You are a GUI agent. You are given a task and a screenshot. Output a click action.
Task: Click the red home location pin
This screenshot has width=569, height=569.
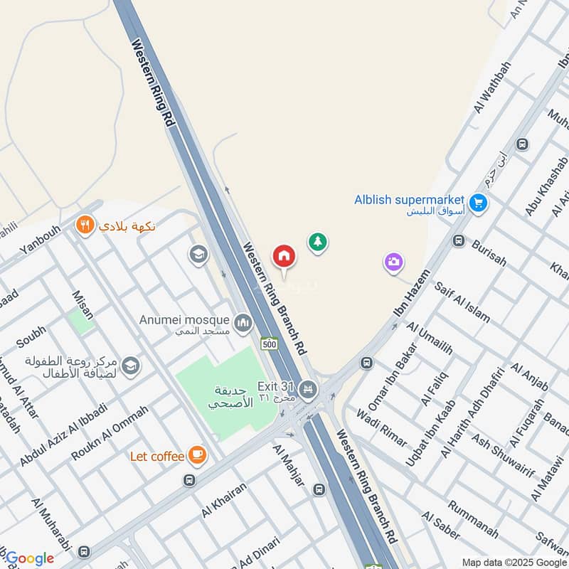coord(283,255)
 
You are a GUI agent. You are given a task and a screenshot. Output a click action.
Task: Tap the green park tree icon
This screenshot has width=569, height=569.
coord(318,242)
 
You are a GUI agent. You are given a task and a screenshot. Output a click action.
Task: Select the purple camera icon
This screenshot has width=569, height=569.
coord(393,262)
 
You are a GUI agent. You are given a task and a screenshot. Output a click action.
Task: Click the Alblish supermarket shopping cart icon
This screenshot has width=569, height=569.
coord(478,202)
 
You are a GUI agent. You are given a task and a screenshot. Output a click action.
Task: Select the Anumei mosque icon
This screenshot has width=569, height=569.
coord(243,324)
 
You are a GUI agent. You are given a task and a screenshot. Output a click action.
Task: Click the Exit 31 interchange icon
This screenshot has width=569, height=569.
coord(307,388)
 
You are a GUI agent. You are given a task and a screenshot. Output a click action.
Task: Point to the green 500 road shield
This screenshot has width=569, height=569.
coord(269,344)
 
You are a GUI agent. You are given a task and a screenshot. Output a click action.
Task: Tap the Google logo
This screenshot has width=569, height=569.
coord(29,558)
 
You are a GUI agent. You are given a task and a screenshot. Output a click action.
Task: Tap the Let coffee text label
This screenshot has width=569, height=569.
coord(158,455)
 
